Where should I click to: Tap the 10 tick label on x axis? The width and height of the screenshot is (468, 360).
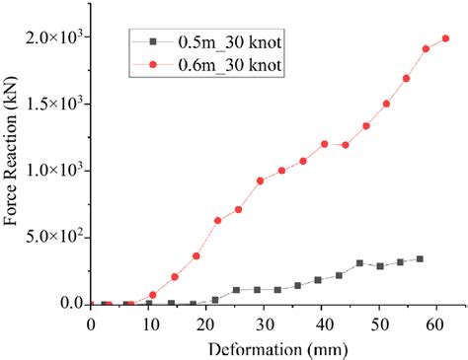click(148, 322)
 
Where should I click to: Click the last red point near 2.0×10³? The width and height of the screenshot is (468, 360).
click(445, 38)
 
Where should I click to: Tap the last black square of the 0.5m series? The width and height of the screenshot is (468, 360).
click(420, 259)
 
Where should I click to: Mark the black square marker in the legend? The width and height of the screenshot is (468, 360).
click(153, 42)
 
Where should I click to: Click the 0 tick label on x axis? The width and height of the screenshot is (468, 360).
click(91, 322)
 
